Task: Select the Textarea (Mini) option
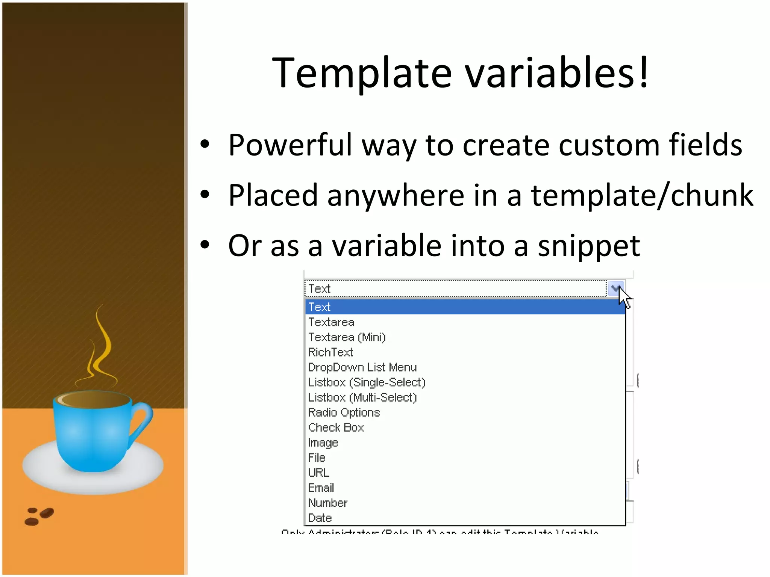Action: coord(347,337)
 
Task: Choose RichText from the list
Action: coord(330,352)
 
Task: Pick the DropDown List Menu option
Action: coord(362,367)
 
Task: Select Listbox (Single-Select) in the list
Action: coord(367,382)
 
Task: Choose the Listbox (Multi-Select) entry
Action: coord(362,397)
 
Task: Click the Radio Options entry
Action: coord(344,412)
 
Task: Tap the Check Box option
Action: coord(336,427)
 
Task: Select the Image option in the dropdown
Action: coord(323,443)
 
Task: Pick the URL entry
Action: coord(318,473)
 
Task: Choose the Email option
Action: coord(321,488)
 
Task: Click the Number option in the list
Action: coord(327,503)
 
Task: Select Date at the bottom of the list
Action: coord(320,518)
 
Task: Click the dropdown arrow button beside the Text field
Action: coord(615,288)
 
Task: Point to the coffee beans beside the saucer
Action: coord(39,516)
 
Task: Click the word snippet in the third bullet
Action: coord(589,246)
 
